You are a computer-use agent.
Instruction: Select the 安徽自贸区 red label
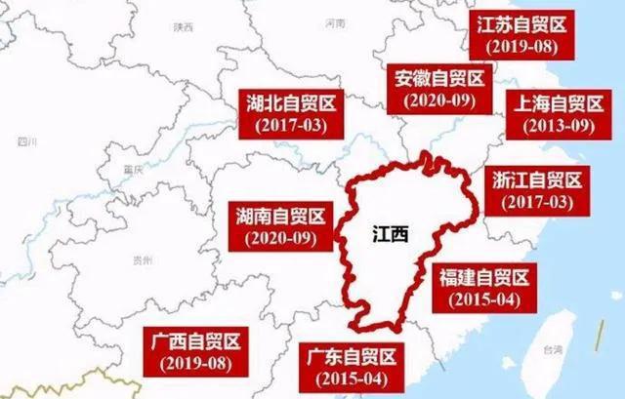435,89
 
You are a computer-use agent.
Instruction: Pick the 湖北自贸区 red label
289,113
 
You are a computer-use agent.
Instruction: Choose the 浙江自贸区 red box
531,190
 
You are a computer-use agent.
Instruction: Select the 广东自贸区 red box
348,366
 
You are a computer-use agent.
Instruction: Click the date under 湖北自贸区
289,126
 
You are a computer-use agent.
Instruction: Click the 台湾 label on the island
554,349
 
